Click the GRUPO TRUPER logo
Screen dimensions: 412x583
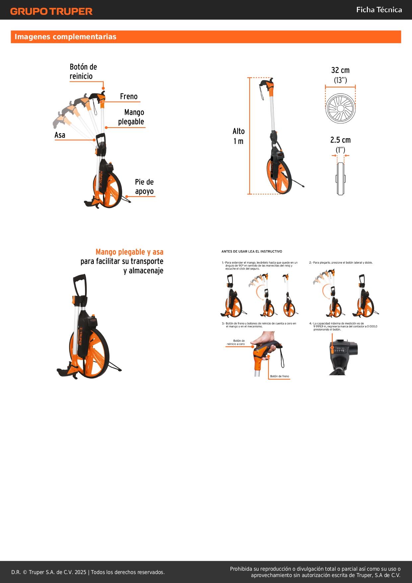tap(51, 11)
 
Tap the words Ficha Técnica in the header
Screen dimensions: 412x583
tap(379, 10)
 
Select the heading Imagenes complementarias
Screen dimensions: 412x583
tap(65, 37)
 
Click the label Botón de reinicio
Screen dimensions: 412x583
tap(83, 71)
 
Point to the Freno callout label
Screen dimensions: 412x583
tap(129, 96)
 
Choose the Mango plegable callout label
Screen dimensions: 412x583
tap(131, 117)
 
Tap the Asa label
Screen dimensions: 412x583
tap(60, 135)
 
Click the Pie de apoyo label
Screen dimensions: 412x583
tap(144, 186)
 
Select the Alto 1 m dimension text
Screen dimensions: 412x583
tap(238, 136)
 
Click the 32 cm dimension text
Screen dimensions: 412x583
tap(340, 70)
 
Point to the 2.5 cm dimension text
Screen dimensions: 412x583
tap(340, 140)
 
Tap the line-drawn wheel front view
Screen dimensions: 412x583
tap(341, 108)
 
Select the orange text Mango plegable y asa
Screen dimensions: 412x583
tap(129, 252)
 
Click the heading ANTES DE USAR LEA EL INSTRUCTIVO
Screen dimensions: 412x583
tap(252, 251)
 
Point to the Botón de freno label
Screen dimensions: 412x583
tap(280, 376)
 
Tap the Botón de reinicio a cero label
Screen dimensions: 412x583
tap(236, 342)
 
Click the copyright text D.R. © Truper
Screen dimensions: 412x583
tap(88, 572)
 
